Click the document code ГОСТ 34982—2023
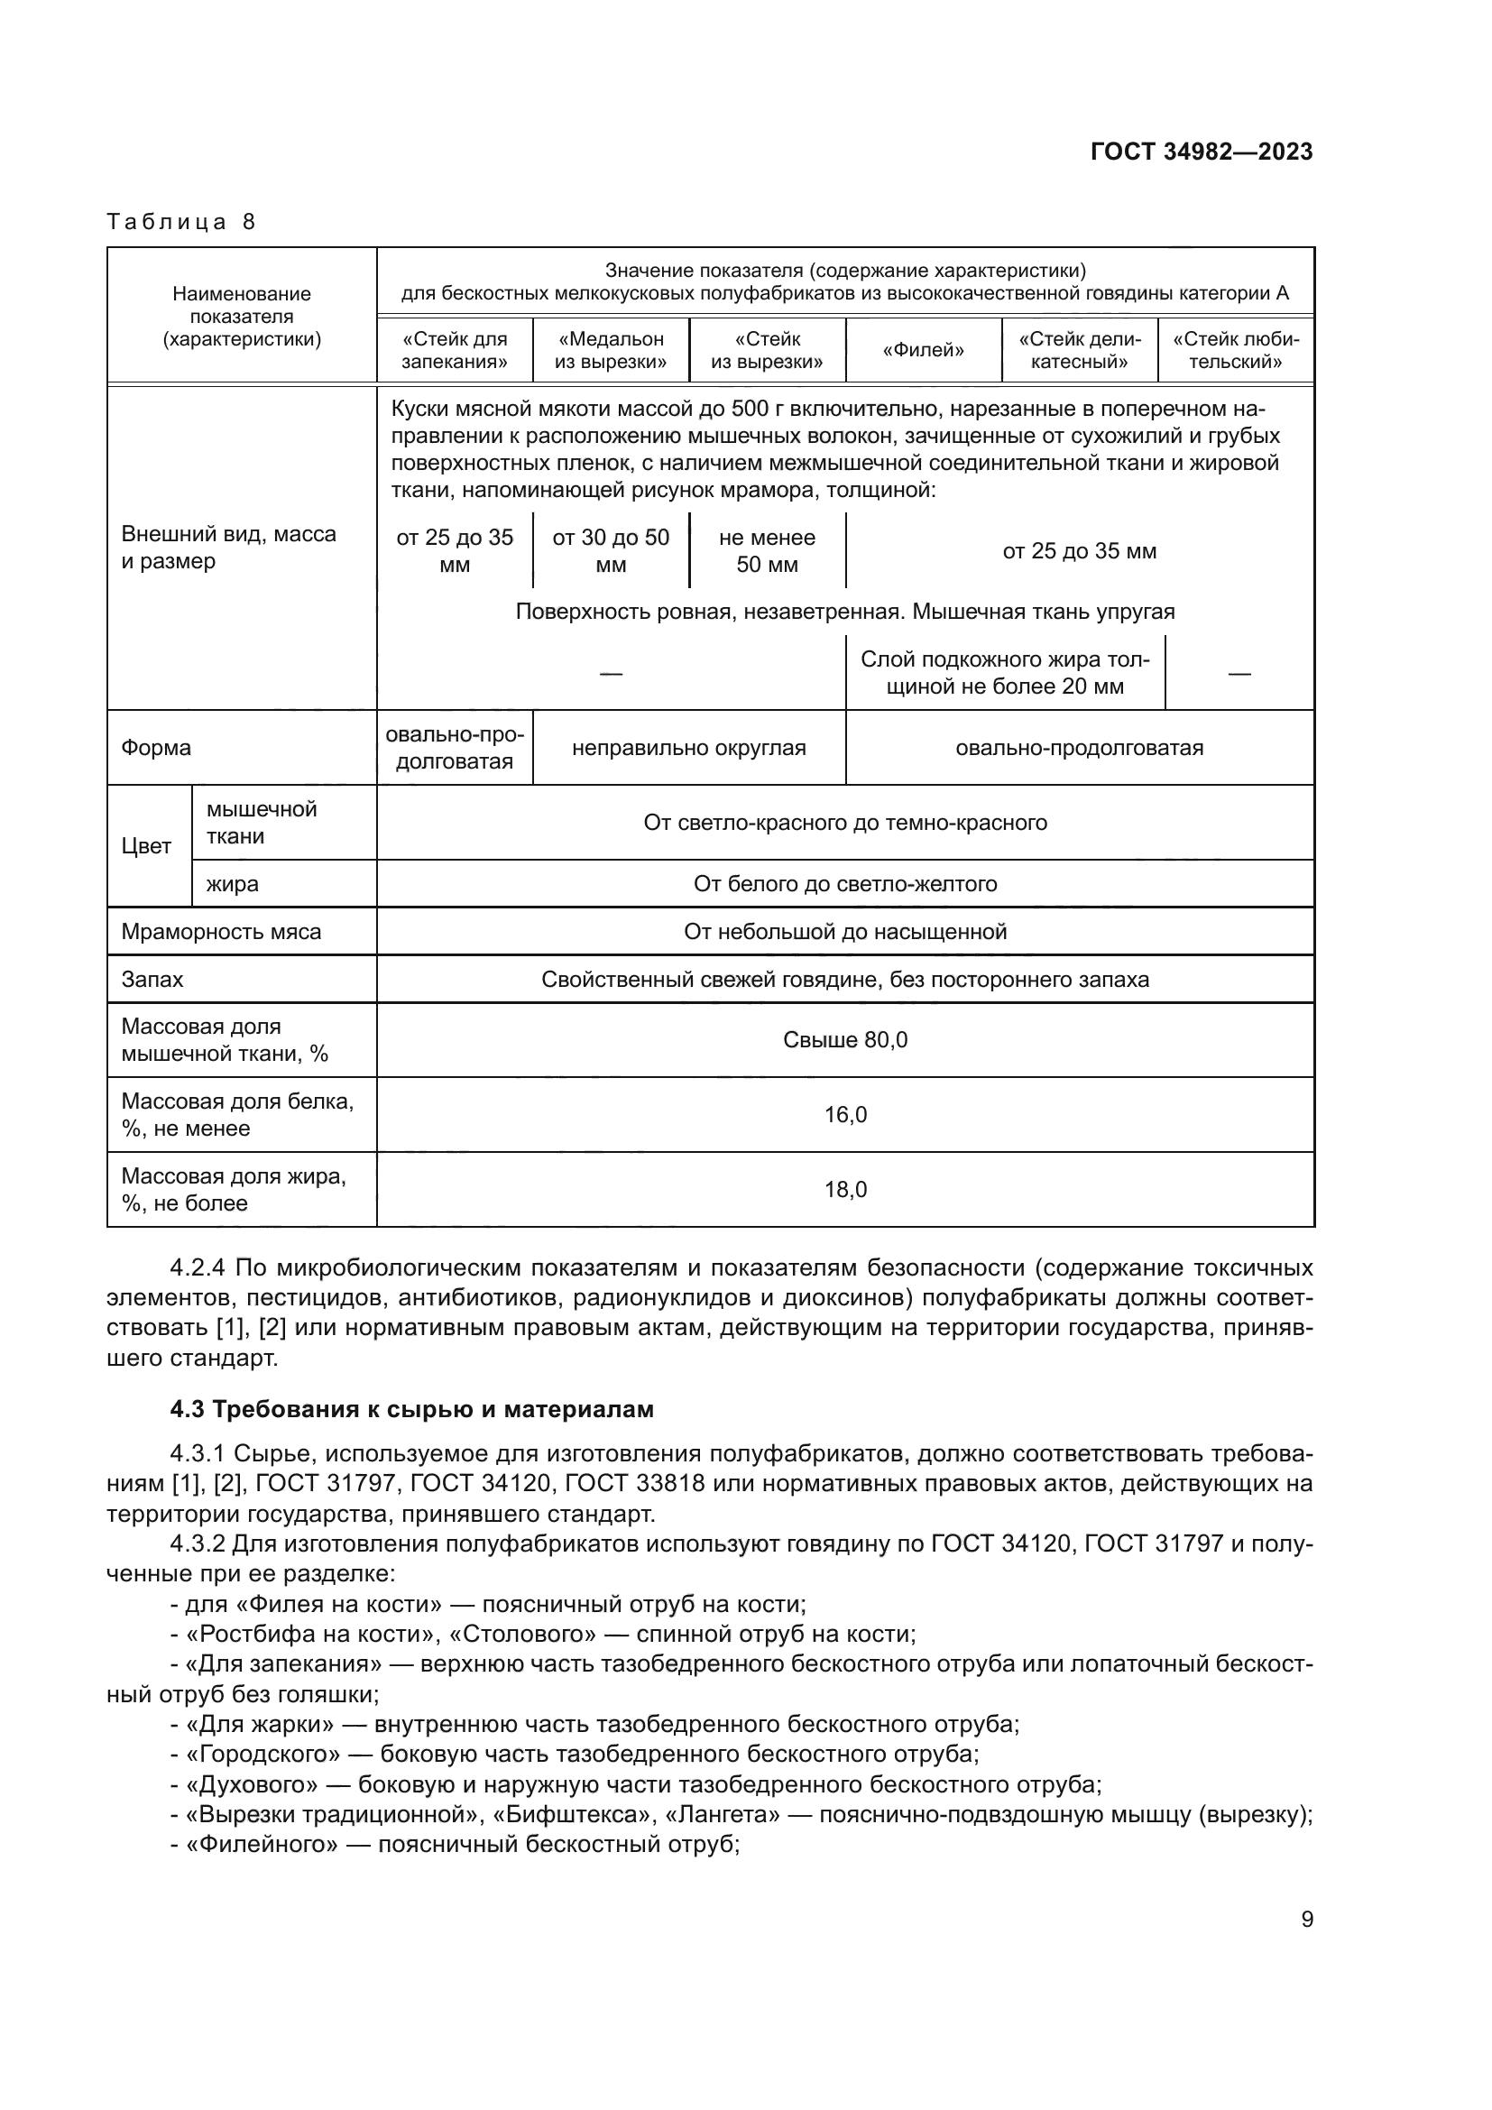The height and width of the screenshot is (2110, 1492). [1201, 152]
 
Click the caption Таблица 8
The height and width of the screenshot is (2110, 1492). [181, 222]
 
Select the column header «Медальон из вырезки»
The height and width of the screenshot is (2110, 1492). [610, 350]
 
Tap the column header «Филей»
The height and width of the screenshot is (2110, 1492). [923, 350]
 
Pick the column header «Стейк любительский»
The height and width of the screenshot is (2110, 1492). [1236, 350]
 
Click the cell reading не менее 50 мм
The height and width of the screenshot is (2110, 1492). [766, 550]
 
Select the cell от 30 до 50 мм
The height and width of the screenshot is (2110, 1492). [610, 550]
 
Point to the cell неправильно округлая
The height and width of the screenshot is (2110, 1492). [688, 748]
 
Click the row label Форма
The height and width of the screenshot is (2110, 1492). [156, 748]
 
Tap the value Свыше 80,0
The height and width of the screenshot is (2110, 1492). [844, 1039]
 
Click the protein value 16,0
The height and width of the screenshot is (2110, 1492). [844, 1115]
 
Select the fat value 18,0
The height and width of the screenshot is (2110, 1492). [844, 1189]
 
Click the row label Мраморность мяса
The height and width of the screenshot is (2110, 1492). [221, 932]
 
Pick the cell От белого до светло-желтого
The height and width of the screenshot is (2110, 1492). [844, 884]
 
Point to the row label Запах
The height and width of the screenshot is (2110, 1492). [152, 980]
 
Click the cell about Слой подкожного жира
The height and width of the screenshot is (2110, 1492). [1004, 673]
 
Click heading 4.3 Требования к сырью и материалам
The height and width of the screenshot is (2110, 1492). [411, 1409]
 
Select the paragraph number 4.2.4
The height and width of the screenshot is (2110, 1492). [198, 1268]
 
